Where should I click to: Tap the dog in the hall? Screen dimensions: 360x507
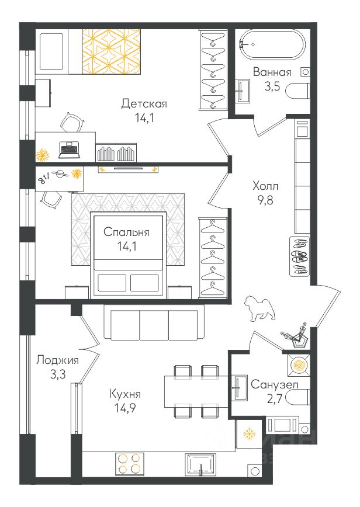point(259,308)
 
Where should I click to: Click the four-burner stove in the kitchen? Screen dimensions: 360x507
point(129,463)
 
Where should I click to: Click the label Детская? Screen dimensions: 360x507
point(144,104)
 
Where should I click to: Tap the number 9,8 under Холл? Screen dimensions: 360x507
point(265,200)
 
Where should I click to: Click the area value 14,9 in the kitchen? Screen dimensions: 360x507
point(125,408)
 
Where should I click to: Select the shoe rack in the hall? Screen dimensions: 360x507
point(299,256)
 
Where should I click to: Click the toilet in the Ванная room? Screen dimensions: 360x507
point(298,91)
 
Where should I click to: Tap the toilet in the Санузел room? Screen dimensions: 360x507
point(298,397)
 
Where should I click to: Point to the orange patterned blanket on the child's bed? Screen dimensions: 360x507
point(111,52)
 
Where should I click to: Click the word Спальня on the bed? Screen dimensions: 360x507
point(126,232)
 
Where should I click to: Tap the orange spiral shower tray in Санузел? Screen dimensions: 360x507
point(298,365)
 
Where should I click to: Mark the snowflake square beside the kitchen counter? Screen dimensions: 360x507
point(249,434)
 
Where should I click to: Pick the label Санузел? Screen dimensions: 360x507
point(275,385)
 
